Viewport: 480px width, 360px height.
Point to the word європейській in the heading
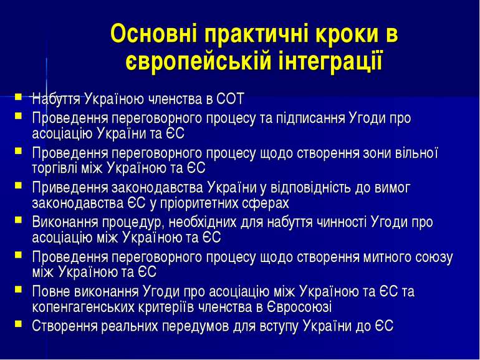[198, 61]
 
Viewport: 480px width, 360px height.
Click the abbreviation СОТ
[230, 99]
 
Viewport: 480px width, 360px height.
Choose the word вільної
[416, 153]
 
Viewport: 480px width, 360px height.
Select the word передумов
[195, 326]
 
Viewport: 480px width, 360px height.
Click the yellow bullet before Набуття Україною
[18, 97]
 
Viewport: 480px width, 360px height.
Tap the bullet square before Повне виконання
[18, 289]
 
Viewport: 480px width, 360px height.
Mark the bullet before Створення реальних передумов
[18, 324]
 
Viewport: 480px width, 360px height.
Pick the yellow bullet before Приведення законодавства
[18, 185]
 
